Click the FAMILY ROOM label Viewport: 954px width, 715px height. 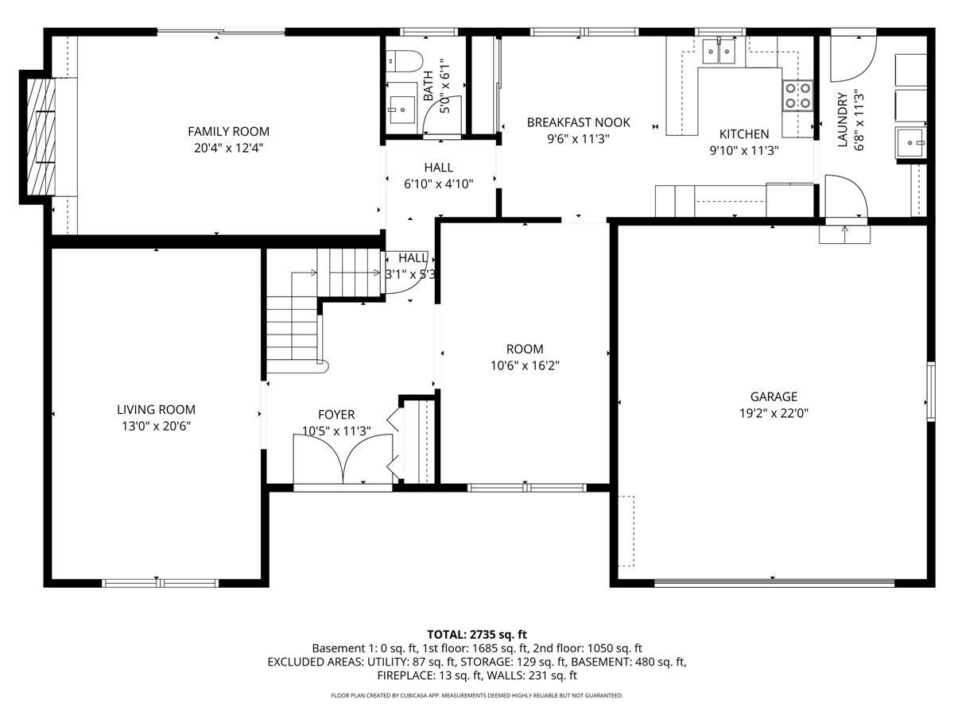point(228,131)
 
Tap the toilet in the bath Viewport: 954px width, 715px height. point(404,62)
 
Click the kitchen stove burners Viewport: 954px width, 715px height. point(797,95)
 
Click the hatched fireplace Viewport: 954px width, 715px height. point(41,137)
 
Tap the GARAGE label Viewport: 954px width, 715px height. point(774,396)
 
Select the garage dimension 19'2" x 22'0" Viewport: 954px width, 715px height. point(774,413)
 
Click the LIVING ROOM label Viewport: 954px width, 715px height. point(156,409)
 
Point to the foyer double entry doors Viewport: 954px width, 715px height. point(343,459)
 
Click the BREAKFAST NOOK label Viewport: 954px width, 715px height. point(579,122)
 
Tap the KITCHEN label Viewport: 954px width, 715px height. point(744,133)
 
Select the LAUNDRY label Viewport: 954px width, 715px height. point(842,119)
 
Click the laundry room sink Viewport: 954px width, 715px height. point(909,143)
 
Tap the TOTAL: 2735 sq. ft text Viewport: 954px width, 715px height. point(477,635)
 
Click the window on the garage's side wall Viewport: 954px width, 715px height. point(930,391)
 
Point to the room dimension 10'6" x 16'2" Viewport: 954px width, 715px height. point(525,365)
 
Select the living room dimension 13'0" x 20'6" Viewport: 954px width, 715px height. point(157,426)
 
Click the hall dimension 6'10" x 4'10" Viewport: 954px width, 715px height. point(439,184)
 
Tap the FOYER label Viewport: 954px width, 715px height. point(336,415)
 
